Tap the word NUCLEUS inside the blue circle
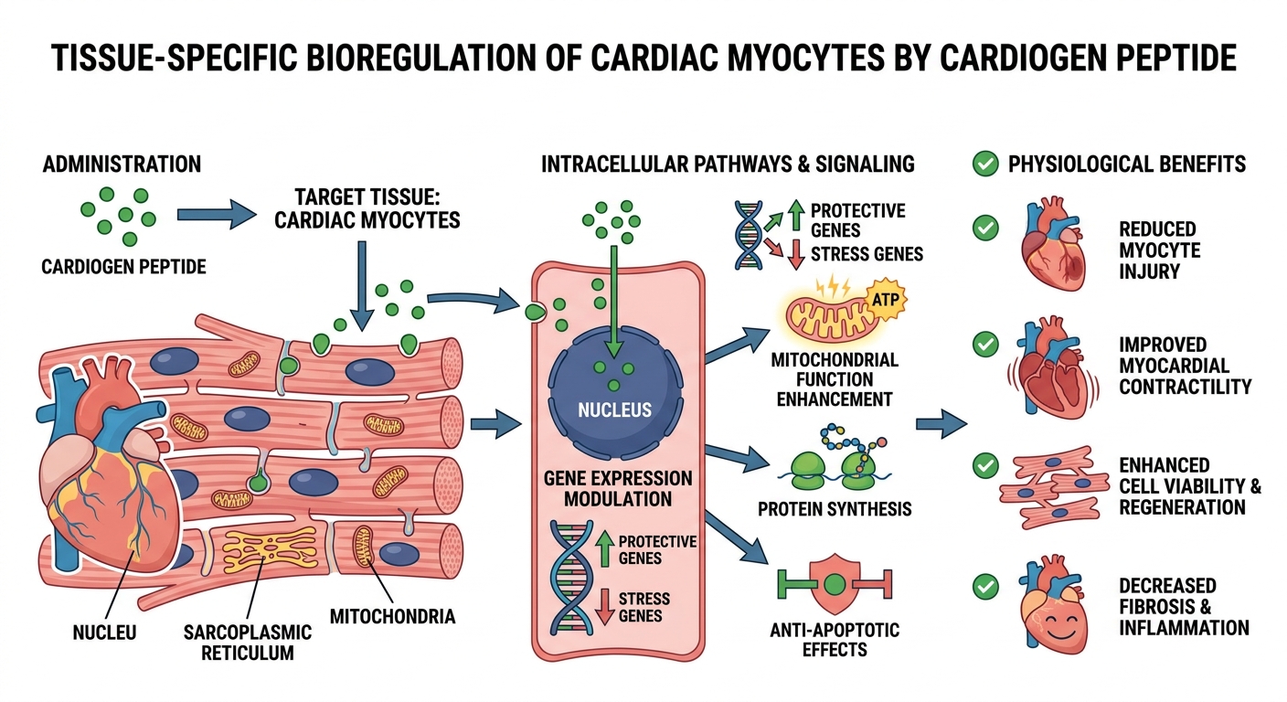[x=615, y=409]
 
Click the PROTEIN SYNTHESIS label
[x=835, y=507]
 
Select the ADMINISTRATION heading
[x=122, y=165]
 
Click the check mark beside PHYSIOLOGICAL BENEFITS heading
[x=984, y=165]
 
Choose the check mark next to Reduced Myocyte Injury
[x=984, y=228]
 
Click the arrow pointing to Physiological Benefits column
[x=941, y=423]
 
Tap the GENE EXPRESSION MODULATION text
[x=617, y=489]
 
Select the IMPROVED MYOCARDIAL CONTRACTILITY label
[x=1185, y=366]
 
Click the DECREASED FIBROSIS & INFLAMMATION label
[x=1184, y=606]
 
